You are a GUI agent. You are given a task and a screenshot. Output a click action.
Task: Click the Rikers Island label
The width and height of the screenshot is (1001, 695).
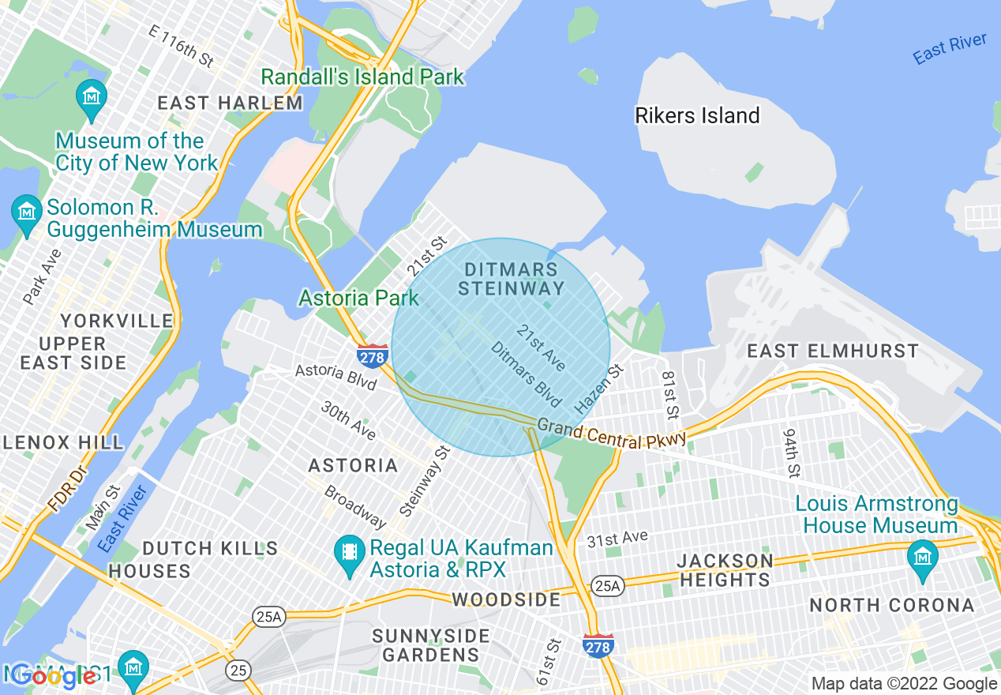pos(697,116)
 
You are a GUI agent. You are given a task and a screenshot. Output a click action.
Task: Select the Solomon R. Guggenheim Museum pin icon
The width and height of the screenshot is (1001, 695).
pos(28,213)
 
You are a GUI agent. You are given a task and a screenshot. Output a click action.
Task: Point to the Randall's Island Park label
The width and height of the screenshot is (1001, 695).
pos(362,77)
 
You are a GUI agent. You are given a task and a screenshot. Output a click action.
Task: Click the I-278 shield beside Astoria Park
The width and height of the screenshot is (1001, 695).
pos(372,356)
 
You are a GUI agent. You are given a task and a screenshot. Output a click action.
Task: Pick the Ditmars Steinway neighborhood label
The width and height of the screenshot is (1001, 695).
pos(512,279)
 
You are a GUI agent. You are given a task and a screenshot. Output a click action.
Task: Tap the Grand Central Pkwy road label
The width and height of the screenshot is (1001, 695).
pos(611,435)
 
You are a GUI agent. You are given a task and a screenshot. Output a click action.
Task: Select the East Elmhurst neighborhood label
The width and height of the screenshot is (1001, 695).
pos(833,351)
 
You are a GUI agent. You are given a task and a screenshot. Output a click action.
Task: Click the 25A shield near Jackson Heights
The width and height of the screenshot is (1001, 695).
pos(609,585)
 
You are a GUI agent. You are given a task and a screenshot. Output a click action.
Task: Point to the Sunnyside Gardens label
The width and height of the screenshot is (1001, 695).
pos(431,645)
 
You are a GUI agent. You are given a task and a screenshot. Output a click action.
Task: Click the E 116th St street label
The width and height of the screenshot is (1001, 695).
pos(182,45)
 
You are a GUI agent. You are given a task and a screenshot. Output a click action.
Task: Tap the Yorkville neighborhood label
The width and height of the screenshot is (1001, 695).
pos(106,321)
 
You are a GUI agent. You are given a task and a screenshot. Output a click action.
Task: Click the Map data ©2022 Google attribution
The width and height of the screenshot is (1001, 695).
pos(905,684)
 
